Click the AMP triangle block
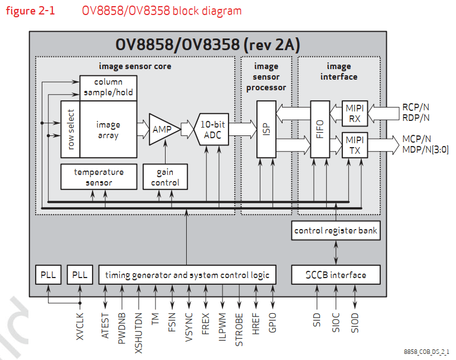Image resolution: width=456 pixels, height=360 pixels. (x=163, y=129)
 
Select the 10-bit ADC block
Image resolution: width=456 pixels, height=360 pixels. (x=212, y=129)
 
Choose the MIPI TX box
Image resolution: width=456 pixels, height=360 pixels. (x=354, y=145)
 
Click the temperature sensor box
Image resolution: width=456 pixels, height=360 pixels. (x=99, y=177)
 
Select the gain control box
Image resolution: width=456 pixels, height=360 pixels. (x=165, y=177)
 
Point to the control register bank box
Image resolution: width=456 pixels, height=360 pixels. (x=336, y=231)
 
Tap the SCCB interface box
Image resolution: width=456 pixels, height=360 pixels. (x=336, y=275)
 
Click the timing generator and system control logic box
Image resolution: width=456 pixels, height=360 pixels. (x=187, y=275)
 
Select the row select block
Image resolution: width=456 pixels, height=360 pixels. (x=70, y=129)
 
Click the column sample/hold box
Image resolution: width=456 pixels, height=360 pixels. (x=108, y=87)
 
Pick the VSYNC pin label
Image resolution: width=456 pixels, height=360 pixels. (x=188, y=325)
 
